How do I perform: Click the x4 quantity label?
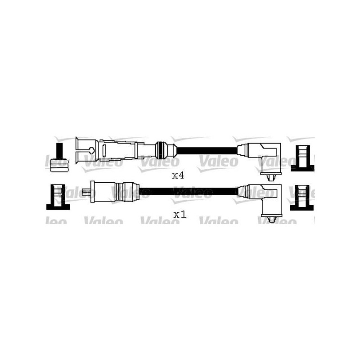tap(178, 175)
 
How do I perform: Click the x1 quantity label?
tap(180, 215)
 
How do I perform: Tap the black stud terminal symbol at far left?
tap(60, 158)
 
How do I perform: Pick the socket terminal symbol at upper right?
tap(302, 158)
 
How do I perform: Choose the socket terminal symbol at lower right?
tap(302, 198)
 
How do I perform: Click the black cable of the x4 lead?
tap(207, 151)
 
